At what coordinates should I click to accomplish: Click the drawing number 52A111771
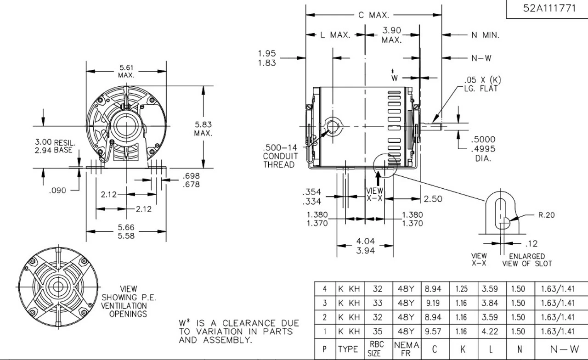(548, 9)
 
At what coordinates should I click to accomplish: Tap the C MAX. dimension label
(373, 15)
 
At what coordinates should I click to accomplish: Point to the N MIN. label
(485, 35)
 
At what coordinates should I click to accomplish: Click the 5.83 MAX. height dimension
(203, 129)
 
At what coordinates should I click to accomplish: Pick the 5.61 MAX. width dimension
(127, 71)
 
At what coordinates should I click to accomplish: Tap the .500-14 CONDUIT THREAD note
(280, 156)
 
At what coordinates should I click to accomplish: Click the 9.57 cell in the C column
(434, 332)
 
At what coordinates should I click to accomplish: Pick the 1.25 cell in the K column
(462, 289)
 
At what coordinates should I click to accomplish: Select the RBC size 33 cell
(377, 303)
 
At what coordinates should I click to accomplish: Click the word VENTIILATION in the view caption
(128, 305)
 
